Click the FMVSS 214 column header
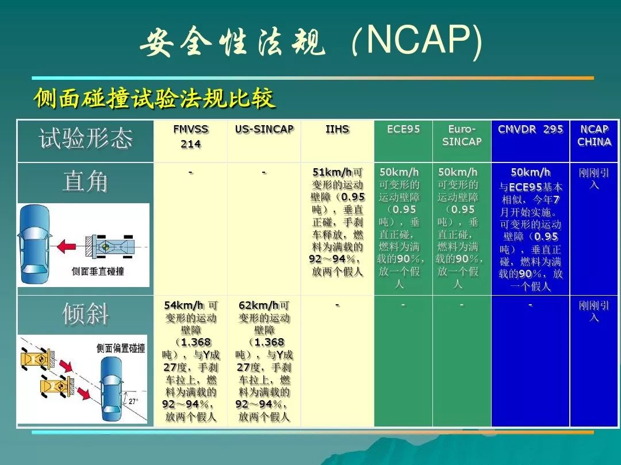[x=190, y=137]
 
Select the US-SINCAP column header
[x=264, y=129]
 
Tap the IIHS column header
[x=337, y=129]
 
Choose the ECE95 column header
[x=403, y=129]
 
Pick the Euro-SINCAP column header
[x=462, y=135]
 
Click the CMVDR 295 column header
[x=530, y=129]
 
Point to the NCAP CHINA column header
[x=594, y=135]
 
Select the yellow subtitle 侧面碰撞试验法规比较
[x=155, y=98]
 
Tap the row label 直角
[x=85, y=182]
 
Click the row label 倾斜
[x=85, y=315]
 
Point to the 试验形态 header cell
[x=85, y=138]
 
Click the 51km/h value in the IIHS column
[x=332, y=172]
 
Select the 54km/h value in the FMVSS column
[x=184, y=305]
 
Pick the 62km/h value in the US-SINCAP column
[x=259, y=305]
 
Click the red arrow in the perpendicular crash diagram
[x=66, y=246]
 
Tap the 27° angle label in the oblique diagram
[x=133, y=401]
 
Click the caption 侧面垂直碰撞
[x=97, y=271]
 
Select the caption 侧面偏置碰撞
[x=121, y=348]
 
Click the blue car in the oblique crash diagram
[x=112, y=389]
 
